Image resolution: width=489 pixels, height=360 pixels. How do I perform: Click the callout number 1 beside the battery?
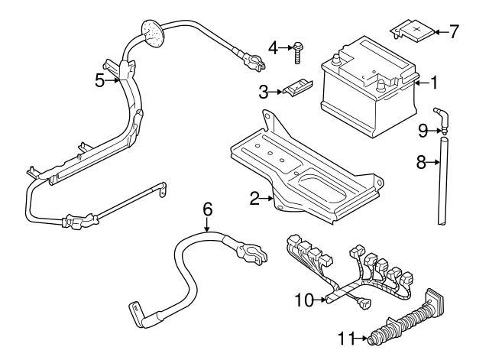[435, 82]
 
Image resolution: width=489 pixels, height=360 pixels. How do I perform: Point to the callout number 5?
[99, 79]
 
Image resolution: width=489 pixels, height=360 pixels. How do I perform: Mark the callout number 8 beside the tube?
[419, 162]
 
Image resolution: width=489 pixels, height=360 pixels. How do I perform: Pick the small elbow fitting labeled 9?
[439, 122]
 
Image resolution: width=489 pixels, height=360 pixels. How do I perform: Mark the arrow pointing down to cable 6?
[206, 224]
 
